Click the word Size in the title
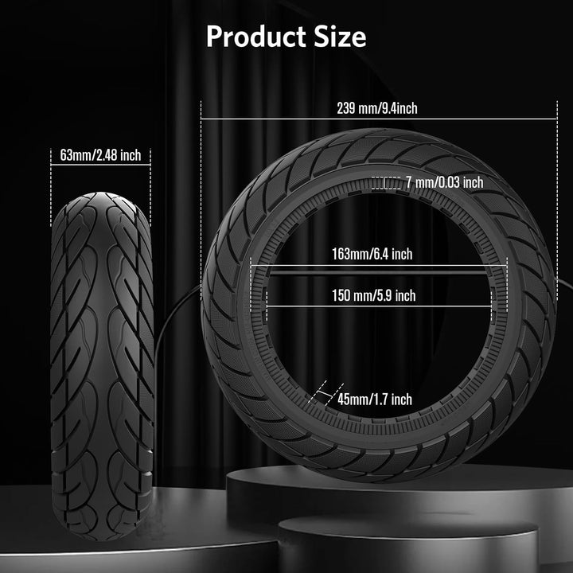(339, 37)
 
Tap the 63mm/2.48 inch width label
(100, 155)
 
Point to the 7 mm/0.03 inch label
(443, 183)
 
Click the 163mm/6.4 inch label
(372, 255)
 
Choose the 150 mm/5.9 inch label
(373, 296)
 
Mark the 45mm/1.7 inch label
(374, 400)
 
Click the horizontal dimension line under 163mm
(378, 266)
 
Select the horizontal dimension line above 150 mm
(378, 283)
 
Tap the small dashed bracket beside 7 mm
(388, 183)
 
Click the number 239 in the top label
(347, 110)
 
